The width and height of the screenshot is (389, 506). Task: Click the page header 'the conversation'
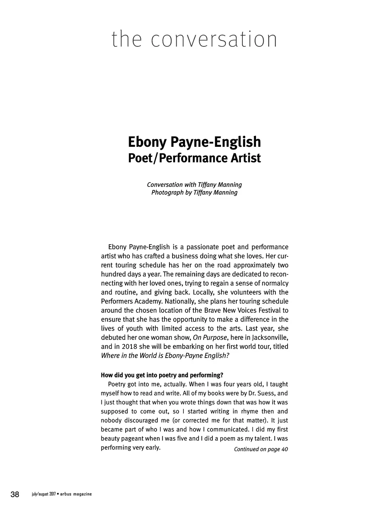point(194,40)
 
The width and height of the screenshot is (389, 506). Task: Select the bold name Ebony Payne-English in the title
point(194,142)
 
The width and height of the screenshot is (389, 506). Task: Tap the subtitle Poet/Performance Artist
point(194,158)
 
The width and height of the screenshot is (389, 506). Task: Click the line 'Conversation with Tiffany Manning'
point(194,185)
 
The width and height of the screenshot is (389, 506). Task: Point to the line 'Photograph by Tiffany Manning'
point(194,193)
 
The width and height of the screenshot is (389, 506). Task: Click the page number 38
point(15,494)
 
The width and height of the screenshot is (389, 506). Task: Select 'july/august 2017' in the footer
point(44,494)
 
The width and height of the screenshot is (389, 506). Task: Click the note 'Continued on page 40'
point(261,449)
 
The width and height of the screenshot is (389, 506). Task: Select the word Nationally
point(180,302)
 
